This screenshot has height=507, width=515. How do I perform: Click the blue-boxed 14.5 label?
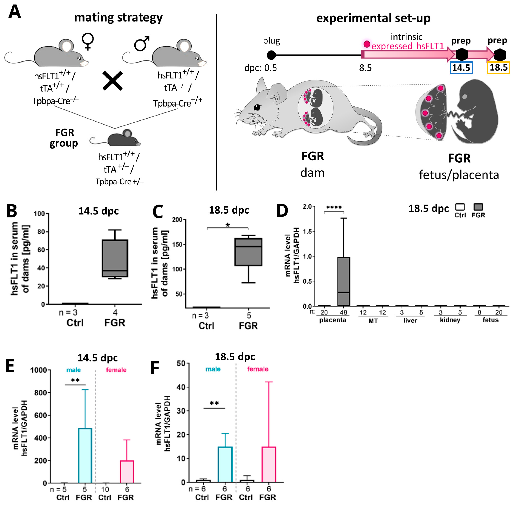pos(461,68)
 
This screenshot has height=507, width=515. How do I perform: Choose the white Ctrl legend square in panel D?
pos(460,207)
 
